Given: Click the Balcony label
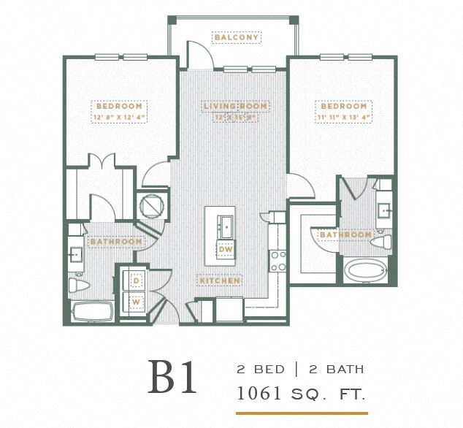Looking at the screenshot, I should (x=237, y=37).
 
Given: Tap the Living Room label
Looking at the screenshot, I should (x=235, y=107).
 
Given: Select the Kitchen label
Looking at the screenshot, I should (x=220, y=280).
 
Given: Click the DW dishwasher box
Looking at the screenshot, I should (x=226, y=249).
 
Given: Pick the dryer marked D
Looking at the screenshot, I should (x=136, y=280).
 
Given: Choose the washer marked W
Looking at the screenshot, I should (x=136, y=299).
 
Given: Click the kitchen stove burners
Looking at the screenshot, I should (x=278, y=261).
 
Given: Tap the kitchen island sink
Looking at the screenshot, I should (x=226, y=224).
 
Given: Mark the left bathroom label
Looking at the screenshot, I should (x=115, y=241).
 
